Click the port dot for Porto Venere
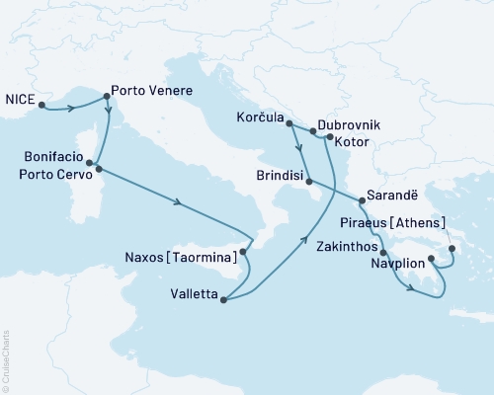[x=107, y=96]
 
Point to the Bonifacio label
[x=52, y=156]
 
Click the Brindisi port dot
[x=309, y=182]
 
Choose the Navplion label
[x=398, y=264]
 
